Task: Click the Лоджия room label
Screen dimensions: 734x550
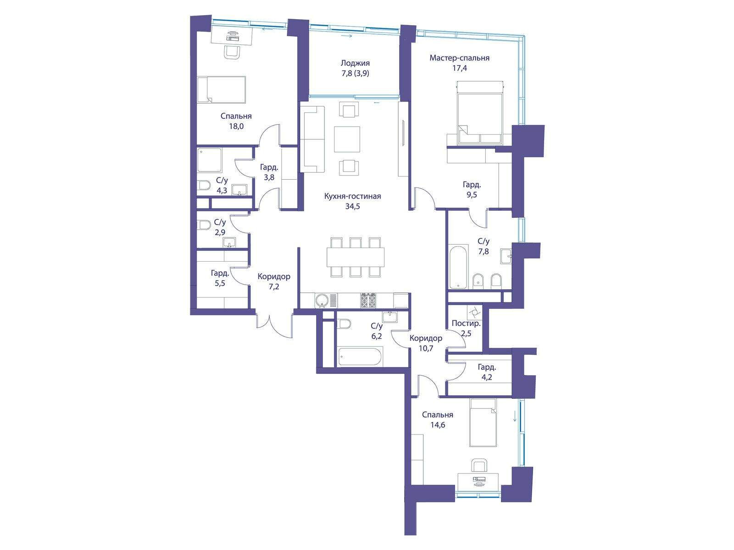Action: [x=355, y=63]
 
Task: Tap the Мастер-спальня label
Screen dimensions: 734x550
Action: [x=460, y=58]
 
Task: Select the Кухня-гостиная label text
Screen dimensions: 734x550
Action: [x=352, y=196]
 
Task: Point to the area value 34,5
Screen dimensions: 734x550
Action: [x=352, y=206]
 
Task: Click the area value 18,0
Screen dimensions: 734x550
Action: [x=236, y=126]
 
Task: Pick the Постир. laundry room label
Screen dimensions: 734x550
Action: [x=466, y=323]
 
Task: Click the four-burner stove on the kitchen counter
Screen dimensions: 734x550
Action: [x=368, y=300]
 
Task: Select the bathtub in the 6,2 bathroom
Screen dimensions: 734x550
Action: [x=360, y=357]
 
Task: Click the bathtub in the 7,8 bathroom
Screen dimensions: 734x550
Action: [x=459, y=267]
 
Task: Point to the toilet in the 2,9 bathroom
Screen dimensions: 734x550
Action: [x=203, y=225]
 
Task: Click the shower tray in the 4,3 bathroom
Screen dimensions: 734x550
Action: [x=209, y=160]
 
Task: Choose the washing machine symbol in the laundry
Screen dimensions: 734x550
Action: [x=474, y=313]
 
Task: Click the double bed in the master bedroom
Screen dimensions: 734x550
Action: [x=480, y=113]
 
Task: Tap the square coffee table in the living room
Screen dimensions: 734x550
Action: [x=347, y=139]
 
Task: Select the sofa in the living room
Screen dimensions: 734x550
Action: [x=313, y=139]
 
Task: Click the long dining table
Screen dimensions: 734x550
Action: [x=356, y=257]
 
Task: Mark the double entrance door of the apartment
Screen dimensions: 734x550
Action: [x=274, y=326]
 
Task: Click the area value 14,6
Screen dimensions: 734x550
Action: [x=437, y=425]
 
